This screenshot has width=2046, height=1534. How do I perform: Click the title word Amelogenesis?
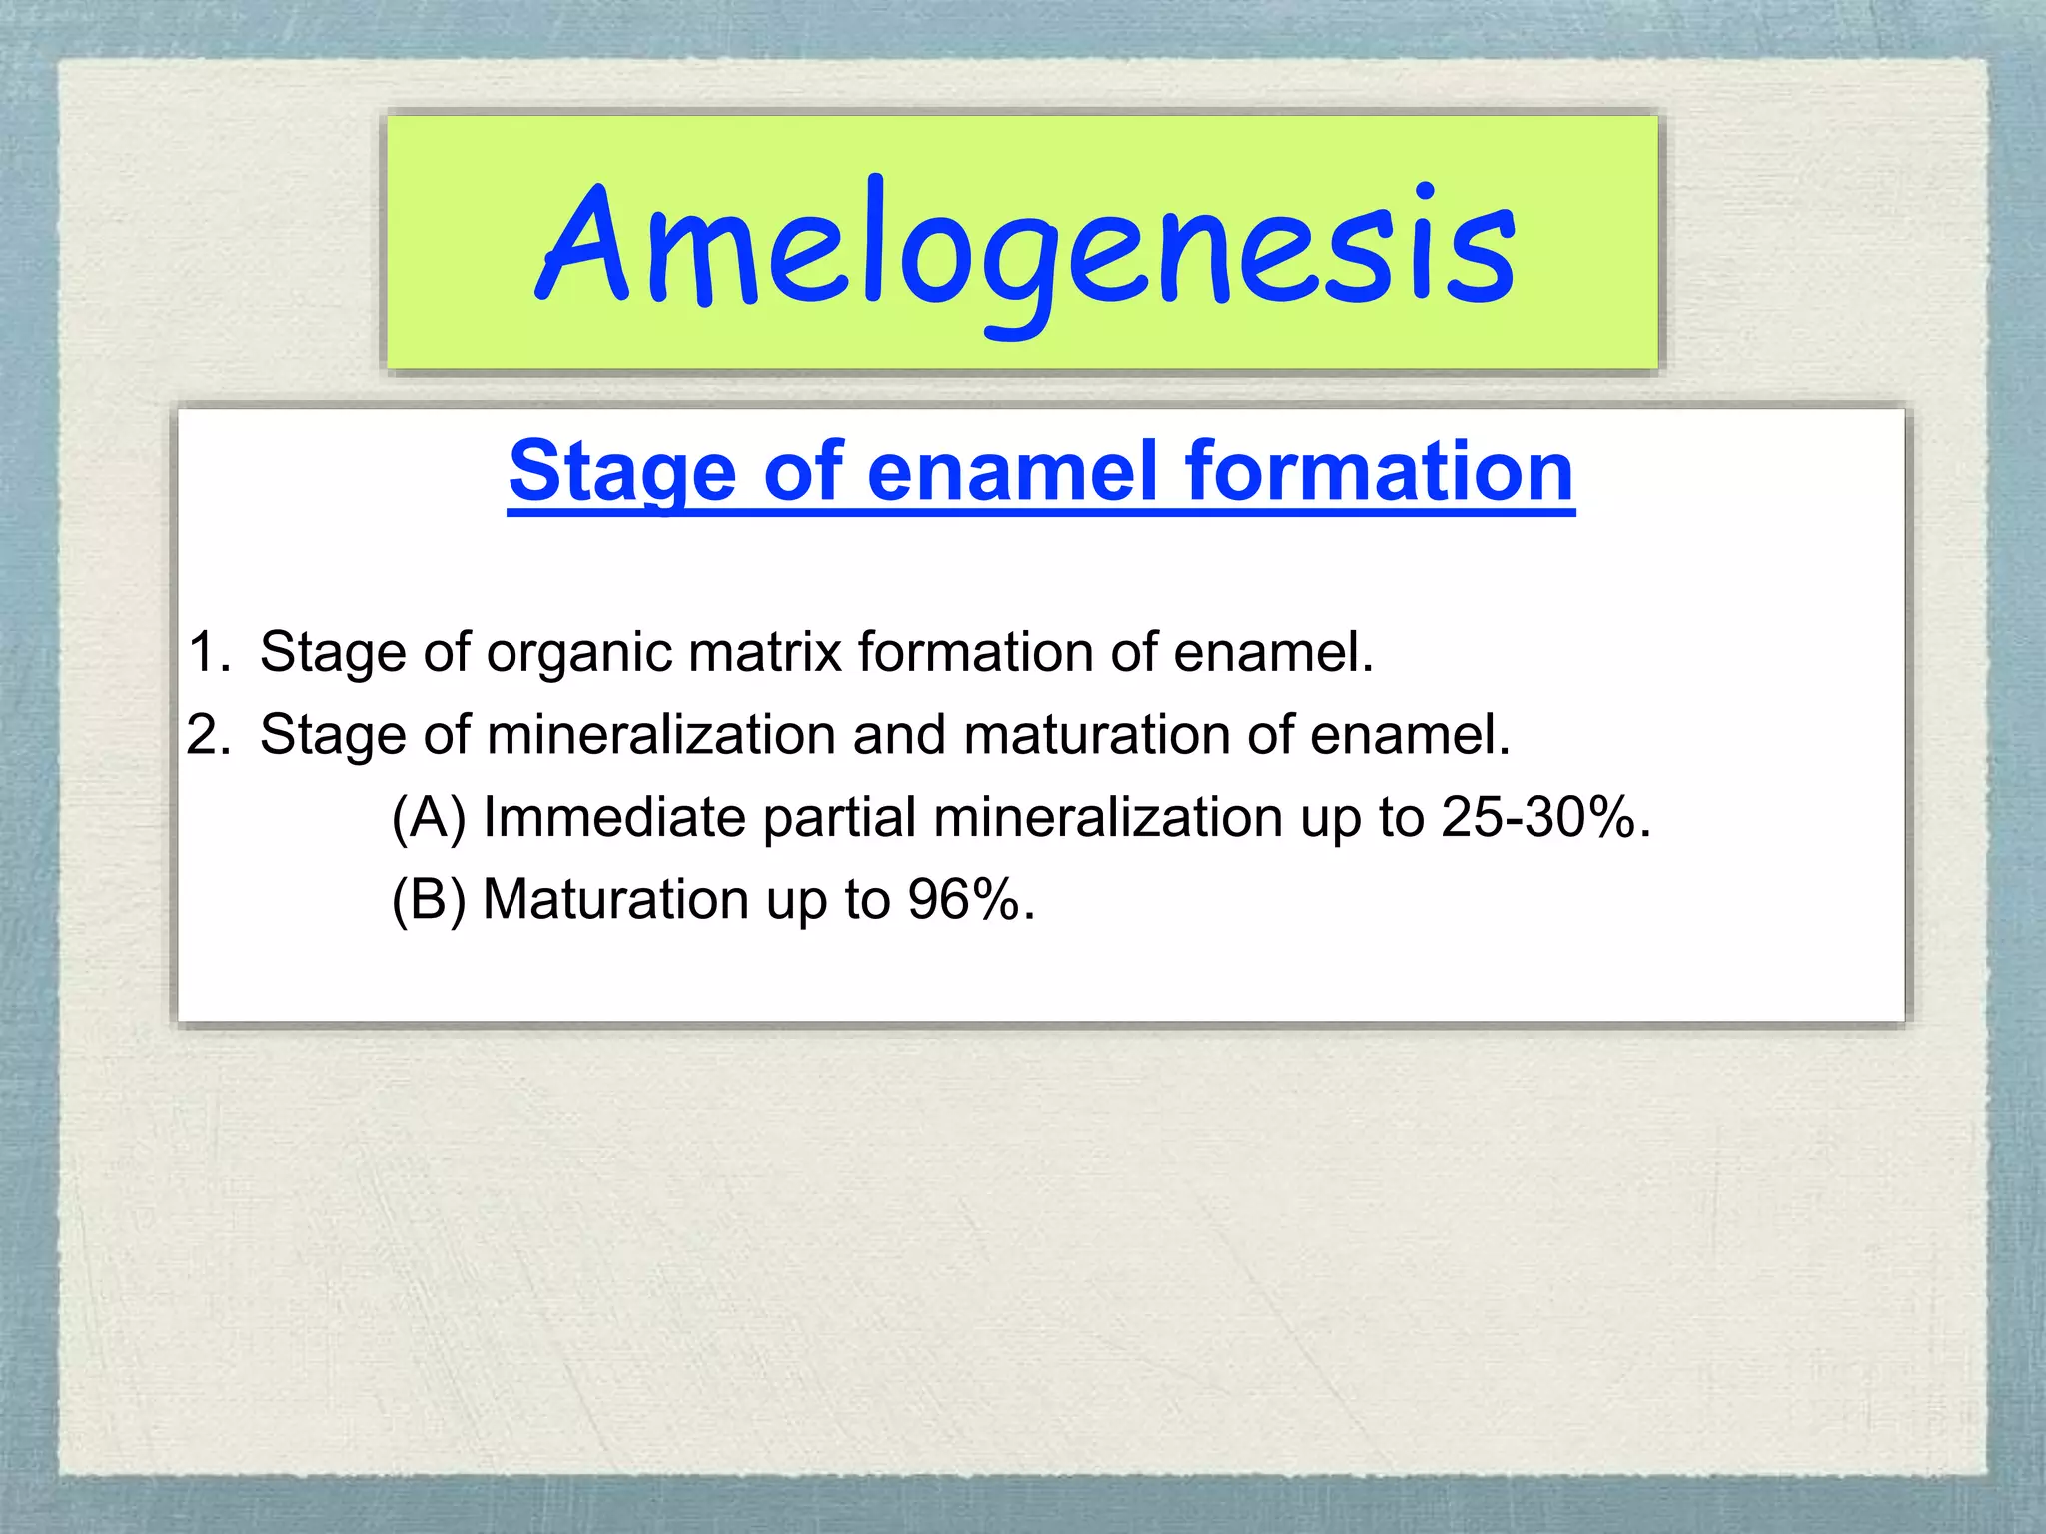pyautogui.click(x=1025, y=250)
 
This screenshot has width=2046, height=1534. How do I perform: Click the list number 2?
pyautogui.click(x=208, y=735)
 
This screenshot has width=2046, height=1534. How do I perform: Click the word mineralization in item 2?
pyautogui.click(x=659, y=735)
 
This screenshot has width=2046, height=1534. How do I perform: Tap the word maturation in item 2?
pyautogui.click(x=1095, y=735)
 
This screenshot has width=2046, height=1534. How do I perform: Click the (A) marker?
pyautogui.click(x=429, y=818)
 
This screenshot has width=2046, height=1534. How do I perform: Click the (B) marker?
pyautogui.click(x=429, y=900)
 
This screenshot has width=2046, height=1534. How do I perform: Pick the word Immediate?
pyautogui.click(x=614, y=818)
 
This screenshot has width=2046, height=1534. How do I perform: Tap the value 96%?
pyautogui.click(x=964, y=900)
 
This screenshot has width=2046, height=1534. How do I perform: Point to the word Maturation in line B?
pyautogui.click(x=614, y=900)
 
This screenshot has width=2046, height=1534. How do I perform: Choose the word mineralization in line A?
pyautogui.click(x=1107, y=818)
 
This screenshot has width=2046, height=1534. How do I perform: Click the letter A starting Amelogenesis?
pyautogui.click(x=584, y=245)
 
